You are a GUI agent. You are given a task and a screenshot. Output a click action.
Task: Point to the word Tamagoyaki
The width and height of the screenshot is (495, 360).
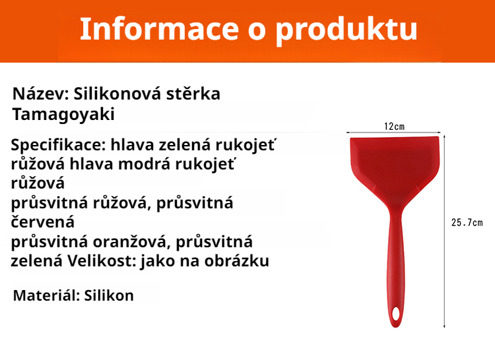coord(63,114)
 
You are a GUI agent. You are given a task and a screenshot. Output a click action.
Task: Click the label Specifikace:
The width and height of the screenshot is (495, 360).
coord(59,145)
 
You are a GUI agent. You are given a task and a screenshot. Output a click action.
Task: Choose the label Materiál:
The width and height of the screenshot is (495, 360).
coord(46,295)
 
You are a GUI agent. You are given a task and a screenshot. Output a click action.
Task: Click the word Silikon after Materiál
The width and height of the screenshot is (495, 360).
coord(109,295)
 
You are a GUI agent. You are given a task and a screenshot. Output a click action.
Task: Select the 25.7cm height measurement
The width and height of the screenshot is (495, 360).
coord(467,223)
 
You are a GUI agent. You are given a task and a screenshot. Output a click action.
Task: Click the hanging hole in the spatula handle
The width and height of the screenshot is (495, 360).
coord(395,312)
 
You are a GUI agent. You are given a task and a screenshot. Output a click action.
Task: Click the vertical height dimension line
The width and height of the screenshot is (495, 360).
coord(444,264)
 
